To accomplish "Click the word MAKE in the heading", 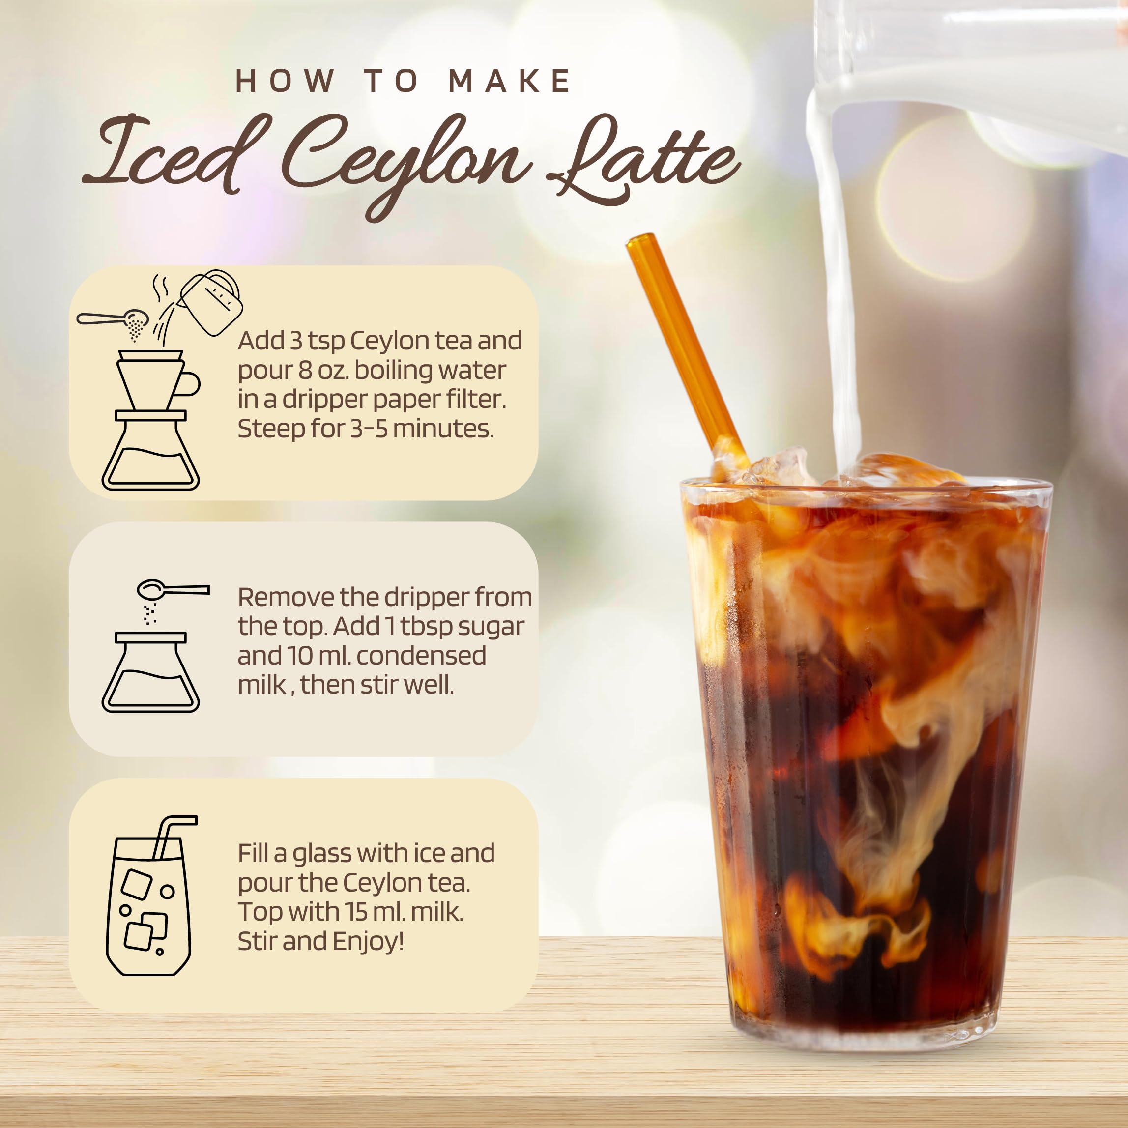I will coord(509,81).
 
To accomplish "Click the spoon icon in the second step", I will coord(172,589).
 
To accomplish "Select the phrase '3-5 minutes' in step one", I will coord(420,429).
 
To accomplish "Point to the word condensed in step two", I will coord(420,656).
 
